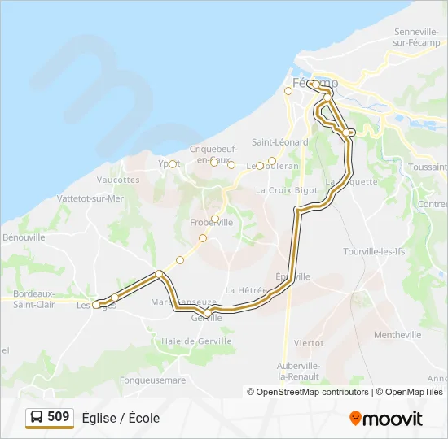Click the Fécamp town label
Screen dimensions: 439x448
pos(314,84)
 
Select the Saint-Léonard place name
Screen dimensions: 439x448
pos(279,141)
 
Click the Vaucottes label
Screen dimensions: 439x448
pos(118,180)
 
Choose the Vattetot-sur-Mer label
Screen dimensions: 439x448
pos(90,198)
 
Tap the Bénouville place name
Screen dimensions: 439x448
pos(24,237)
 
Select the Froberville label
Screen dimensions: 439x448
pos(211,222)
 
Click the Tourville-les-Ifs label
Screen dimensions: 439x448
pos(374,252)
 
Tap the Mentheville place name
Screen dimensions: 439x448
pos(397,334)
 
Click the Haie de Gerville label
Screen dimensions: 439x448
pos(196,341)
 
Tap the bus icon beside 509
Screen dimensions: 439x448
pos(37,418)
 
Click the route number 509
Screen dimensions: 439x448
pos(59,417)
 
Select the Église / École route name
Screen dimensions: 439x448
pos(121,418)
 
